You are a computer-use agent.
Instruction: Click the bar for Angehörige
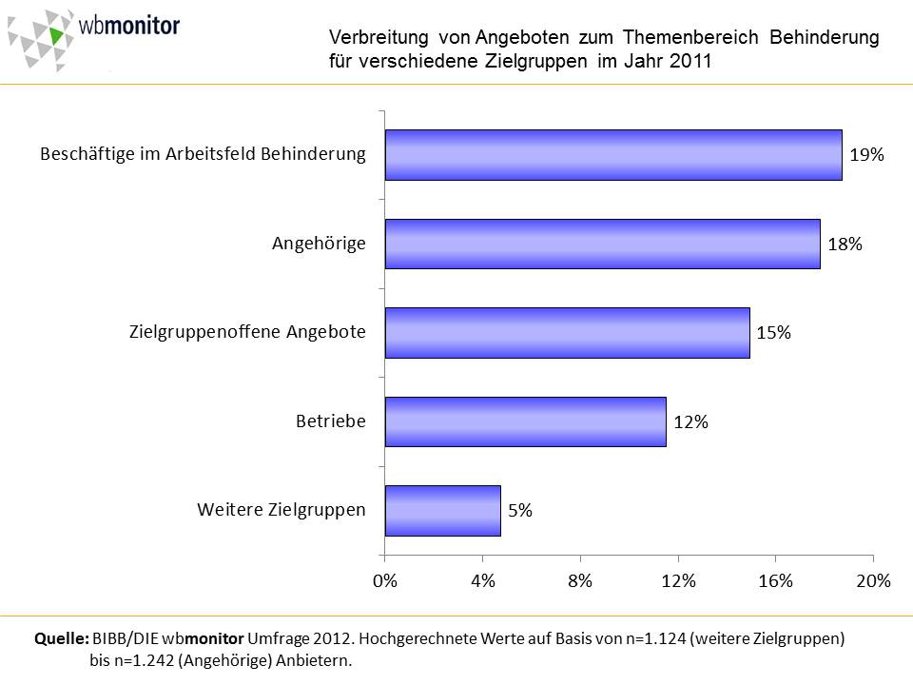(602, 244)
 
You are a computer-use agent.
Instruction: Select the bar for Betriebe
(525, 421)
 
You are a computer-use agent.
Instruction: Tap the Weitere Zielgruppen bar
(442, 510)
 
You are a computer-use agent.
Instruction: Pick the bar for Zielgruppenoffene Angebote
(567, 332)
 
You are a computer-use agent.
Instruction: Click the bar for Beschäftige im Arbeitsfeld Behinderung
(613, 154)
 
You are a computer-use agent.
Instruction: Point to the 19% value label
(866, 155)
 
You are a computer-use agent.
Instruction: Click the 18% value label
(845, 245)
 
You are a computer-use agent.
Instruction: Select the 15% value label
(774, 333)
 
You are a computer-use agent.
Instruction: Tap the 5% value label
(520, 511)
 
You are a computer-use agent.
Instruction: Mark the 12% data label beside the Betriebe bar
(690, 422)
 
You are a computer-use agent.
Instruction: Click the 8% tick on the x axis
(580, 582)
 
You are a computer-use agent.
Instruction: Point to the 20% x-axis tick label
(873, 582)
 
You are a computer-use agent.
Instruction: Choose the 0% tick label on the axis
(385, 582)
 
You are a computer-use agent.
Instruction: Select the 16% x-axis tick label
(775, 582)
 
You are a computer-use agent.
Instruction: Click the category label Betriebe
(330, 421)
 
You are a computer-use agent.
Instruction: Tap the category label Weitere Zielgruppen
(282, 509)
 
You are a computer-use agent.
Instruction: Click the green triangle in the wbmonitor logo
(58, 35)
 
